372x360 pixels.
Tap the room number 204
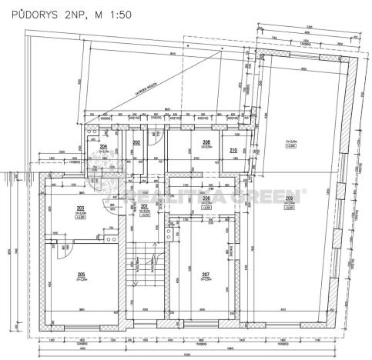[103, 146]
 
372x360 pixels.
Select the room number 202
[136, 143]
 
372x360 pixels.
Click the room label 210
[233, 150]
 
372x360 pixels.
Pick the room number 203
[80, 208]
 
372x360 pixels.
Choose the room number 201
[144, 207]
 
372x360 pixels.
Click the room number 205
[80, 275]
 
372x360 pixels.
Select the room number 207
[206, 275]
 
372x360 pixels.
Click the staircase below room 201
[144, 269]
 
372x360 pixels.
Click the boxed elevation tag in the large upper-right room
[291, 145]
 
